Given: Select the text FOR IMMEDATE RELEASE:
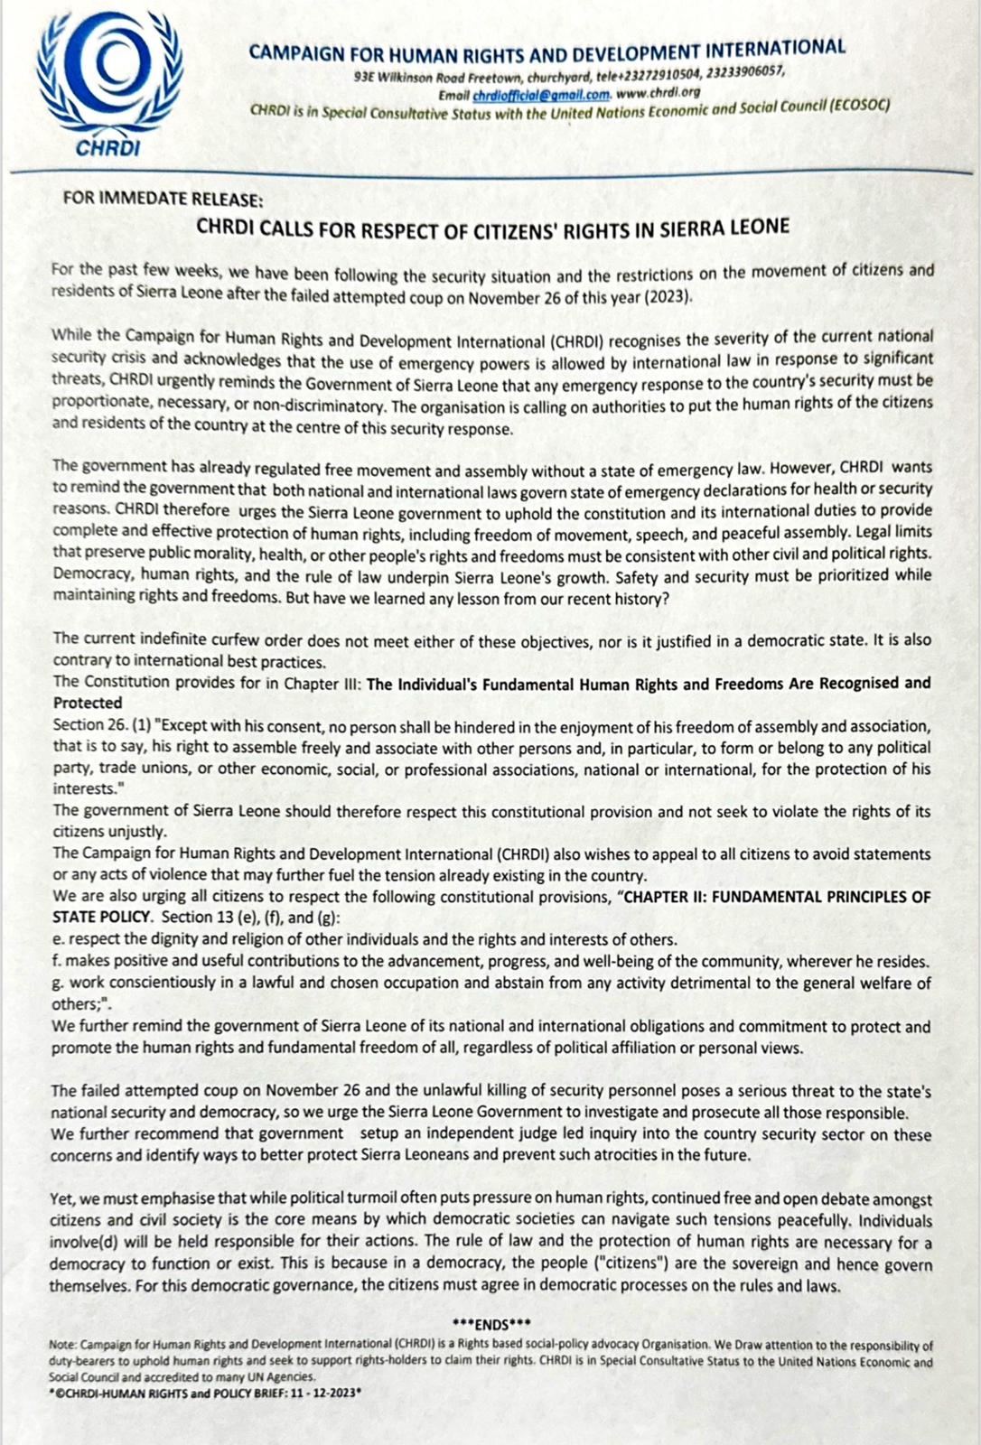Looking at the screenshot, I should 163,199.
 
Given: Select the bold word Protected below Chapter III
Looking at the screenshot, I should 88,703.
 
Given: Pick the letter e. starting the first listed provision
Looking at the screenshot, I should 56,940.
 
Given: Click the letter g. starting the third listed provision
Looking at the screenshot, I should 57,984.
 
